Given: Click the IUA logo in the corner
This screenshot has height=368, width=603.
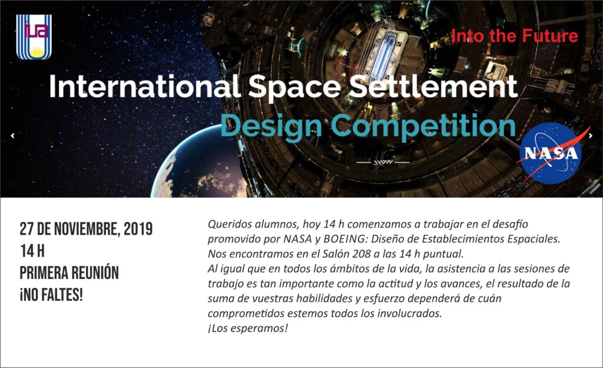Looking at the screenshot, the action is [34, 37].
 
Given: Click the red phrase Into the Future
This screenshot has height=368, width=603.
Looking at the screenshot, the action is [515, 36].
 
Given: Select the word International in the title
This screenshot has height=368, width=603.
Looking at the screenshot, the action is [145, 86].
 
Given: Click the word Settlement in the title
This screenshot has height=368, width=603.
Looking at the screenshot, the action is [433, 86].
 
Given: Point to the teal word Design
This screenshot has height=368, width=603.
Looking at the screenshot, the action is [271, 127].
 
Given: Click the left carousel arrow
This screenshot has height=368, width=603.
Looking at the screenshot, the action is [13, 136].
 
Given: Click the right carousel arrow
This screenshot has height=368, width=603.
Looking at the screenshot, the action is [591, 136].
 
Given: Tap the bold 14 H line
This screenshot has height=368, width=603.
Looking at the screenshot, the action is [32, 251].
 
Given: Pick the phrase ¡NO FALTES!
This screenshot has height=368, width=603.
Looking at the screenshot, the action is [52, 295].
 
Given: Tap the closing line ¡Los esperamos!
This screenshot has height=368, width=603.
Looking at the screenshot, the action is [248, 328].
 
